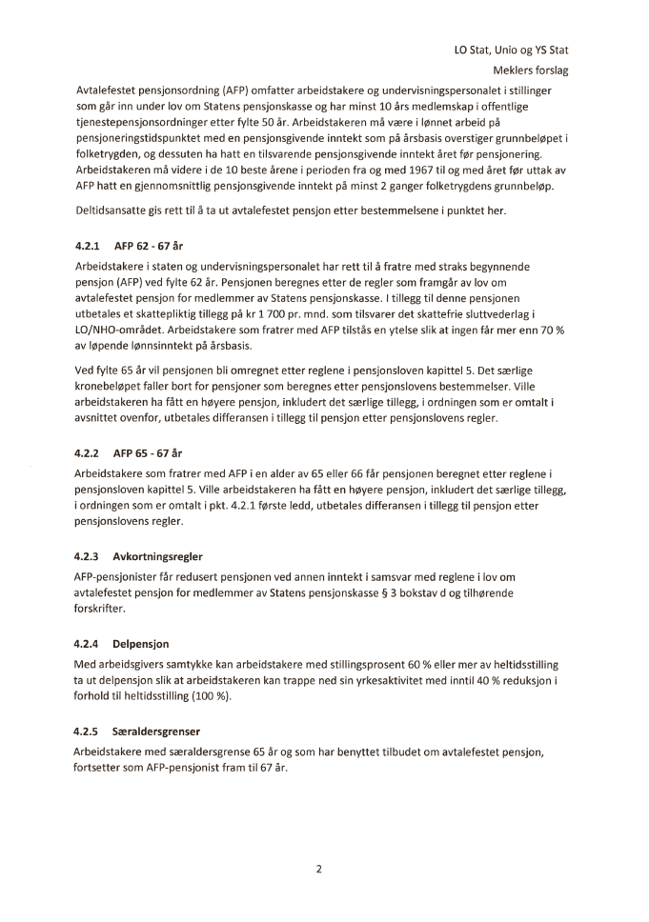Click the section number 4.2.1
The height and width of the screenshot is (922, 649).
[89, 246]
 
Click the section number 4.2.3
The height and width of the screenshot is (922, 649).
[89, 555]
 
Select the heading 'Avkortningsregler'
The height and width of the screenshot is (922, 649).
[157, 555]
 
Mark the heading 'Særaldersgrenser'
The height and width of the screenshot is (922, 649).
[156, 732]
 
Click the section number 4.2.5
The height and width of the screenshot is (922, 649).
[89, 732]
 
